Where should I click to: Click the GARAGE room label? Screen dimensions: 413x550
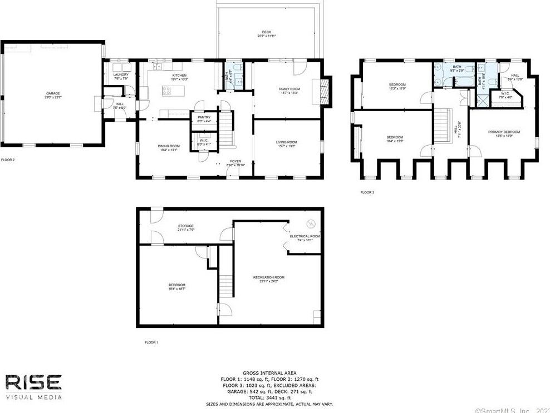53,93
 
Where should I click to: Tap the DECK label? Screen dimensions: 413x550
267,32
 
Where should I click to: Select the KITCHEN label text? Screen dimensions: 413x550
179,75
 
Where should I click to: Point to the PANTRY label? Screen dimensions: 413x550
204,117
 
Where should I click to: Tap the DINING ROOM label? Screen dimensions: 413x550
168,146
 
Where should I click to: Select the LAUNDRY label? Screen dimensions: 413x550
121,75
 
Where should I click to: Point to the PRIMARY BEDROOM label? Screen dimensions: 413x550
504,132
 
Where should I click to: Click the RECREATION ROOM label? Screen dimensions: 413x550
268,277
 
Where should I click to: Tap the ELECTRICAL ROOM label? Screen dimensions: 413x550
305,236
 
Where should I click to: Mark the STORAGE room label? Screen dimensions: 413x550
185,226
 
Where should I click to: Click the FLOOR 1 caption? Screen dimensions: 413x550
151,342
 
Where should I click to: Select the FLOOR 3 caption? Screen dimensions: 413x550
367,192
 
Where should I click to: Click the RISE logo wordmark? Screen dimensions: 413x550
33,382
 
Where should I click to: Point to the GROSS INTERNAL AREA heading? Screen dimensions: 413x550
269,373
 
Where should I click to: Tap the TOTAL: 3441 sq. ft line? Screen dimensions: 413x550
269,397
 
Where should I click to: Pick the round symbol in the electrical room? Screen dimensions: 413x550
311,225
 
